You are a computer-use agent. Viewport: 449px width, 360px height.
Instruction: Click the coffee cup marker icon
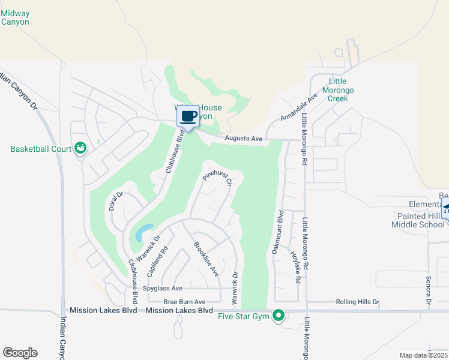click(x=188, y=116)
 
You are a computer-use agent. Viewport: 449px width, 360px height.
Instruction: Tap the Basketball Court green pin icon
click(x=80, y=148)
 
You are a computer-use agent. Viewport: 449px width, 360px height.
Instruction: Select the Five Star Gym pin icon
click(x=278, y=314)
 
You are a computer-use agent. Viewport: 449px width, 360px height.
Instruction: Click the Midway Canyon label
click(x=16, y=17)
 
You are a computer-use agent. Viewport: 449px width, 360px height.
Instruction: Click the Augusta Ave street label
click(x=244, y=139)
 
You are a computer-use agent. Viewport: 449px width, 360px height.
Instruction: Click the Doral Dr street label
click(x=116, y=201)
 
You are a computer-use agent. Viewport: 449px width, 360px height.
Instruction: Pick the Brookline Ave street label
click(x=205, y=259)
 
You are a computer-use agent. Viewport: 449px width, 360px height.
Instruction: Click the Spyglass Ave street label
click(x=162, y=289)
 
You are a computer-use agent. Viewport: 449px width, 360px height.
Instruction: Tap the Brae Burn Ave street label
click(x=184, y=302)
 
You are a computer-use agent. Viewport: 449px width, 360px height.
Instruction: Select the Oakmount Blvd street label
click(x=279, y=232)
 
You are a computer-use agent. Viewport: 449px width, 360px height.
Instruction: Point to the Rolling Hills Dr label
click(x=357, y=302)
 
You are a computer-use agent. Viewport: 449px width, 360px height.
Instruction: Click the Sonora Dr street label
click(x=429, y=290)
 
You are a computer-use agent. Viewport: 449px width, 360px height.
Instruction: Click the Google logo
click(x=20, y=353)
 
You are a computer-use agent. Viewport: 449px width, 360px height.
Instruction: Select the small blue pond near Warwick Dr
click(x=144, y=231)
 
